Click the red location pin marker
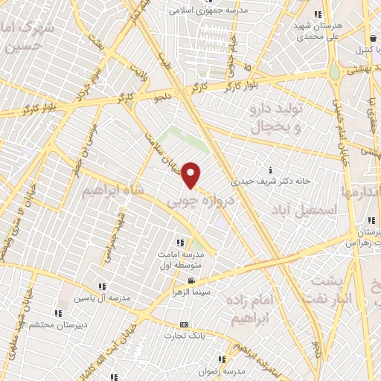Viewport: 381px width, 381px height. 192,174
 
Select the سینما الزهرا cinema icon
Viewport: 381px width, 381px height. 192,281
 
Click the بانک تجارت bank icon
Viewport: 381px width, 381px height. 185,324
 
